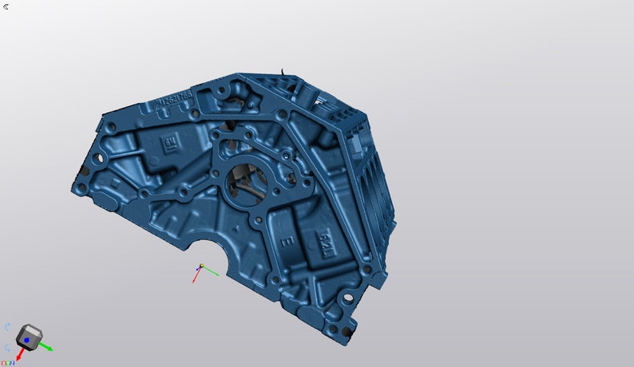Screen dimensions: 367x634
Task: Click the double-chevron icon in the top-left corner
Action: (x=6, y=6)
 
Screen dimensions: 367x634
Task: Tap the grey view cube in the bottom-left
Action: (x=29, y=338)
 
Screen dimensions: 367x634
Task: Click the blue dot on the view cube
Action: (x=26, y=341)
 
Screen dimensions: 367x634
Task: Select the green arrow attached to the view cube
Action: (x=47, y=347)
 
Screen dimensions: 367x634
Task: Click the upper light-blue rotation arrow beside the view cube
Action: (x=7, y=328)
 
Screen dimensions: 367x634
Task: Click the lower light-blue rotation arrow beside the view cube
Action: (x=7, y=347)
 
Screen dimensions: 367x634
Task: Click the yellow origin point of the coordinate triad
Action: (x=202, y=266)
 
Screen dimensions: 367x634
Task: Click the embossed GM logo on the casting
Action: (x=169, y=144)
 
